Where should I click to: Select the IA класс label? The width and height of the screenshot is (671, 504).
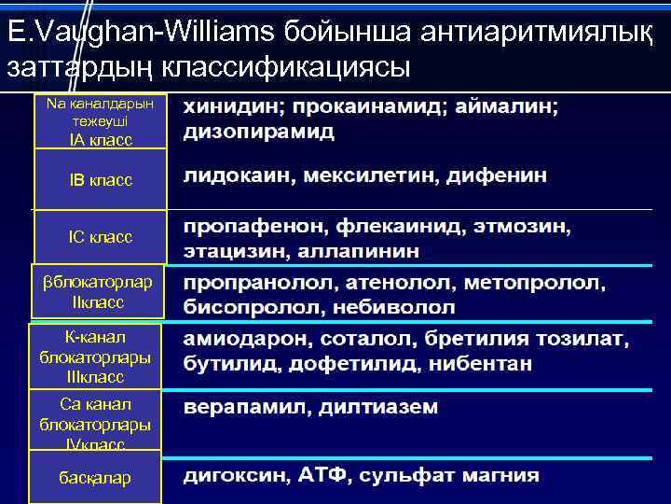click(101, 139)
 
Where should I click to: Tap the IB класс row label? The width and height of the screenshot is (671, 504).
click(101, 179)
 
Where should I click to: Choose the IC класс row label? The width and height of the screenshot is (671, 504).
click(101, 237)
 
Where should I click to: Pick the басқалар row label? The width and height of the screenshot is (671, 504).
click(95, 477)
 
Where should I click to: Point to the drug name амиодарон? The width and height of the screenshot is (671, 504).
click(233, 338)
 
